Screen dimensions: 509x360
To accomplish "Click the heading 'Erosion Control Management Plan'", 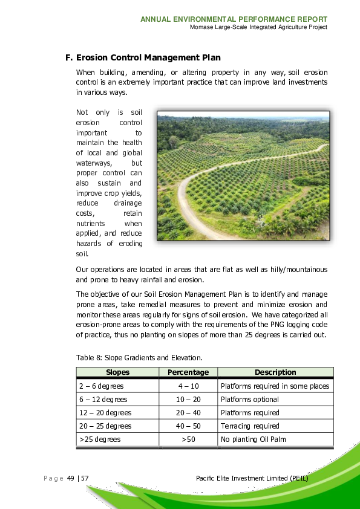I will tap(148, 58).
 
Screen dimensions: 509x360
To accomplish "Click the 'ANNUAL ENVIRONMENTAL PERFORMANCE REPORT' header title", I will tap(234, 19).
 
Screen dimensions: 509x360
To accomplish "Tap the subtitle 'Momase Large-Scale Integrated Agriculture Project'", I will tap(258, 27).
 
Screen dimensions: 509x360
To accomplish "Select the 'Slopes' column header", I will tap(118, 372).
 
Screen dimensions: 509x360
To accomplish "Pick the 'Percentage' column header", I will tap(188, 372).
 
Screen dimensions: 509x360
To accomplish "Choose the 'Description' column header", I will tap(275, 372).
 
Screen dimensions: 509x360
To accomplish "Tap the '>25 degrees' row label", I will tap(100, 439).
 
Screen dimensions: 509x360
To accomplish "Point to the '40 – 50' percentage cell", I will tap(188, 426).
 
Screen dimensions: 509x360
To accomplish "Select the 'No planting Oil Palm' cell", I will tap(253, 439).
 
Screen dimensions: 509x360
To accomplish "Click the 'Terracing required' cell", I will tap(250, 426).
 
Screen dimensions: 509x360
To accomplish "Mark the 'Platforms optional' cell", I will tap(250, 400).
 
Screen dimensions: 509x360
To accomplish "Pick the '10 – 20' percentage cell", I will tap(188, 400).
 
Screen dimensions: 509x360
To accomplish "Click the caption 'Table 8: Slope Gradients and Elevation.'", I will tap(139, 357).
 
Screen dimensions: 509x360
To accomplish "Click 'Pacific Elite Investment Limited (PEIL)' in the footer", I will tap(252, 479).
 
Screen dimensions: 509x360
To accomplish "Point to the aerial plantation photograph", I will tap(243, 175).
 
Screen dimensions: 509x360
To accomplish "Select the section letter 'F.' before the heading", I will tap(69, 58).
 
